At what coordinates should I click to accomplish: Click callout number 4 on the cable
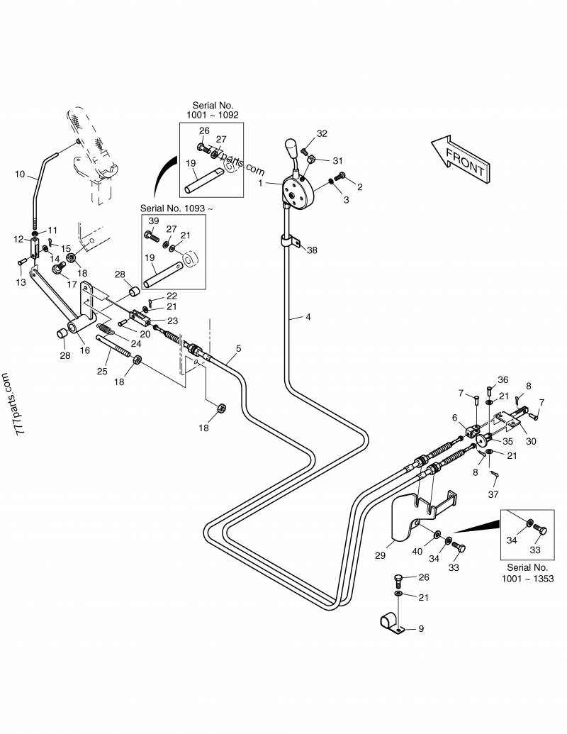point(308,317)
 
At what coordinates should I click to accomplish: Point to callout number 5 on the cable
point(238,348)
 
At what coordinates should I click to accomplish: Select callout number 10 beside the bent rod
point(20,174)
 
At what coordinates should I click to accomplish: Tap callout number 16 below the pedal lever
point(84,350)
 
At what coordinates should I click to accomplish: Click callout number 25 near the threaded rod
point(102,369)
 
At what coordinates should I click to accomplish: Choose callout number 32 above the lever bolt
point(322,133)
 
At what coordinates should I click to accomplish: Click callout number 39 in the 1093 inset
point(155,221)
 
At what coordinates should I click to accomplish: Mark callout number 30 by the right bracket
point(531,440)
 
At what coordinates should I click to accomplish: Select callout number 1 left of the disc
point(261,183)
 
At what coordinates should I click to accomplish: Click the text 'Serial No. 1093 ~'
point(176,208)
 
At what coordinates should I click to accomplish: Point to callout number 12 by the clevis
point(18,239)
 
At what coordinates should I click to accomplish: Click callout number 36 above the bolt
point(503,379)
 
